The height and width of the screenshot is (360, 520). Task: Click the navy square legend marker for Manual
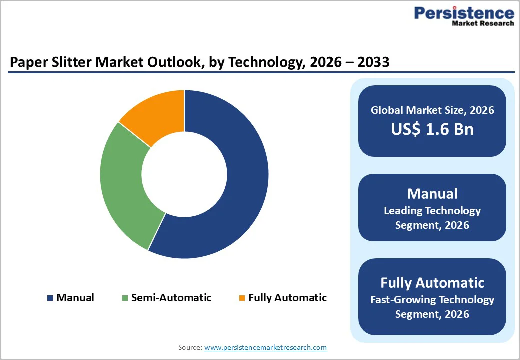(50, 298)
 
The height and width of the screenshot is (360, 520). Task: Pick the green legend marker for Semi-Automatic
(125, 298)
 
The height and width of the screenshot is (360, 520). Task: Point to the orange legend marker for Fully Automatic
(242, 298)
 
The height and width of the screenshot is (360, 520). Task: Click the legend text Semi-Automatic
(171, 298)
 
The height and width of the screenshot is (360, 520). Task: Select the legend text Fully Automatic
(287, 298)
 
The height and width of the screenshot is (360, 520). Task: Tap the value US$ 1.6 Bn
(432, 129)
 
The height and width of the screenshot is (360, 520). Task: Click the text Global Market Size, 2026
(432, 110)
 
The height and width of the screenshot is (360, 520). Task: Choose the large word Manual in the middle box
(432, 193)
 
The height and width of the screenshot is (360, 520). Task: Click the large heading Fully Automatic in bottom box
(432, 283)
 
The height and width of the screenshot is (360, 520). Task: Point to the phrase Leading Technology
(432, 211)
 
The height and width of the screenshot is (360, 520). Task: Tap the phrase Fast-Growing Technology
(432, 300)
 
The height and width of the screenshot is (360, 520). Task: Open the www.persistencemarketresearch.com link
(265, 347)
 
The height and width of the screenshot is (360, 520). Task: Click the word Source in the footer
(190, 347)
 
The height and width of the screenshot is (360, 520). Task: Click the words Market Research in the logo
(482, 23)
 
